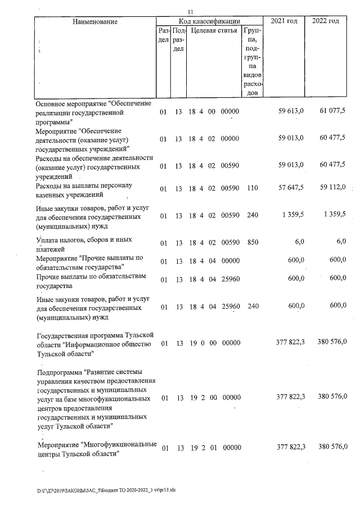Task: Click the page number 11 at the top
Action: pos(190,12)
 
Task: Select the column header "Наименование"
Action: pos(94,21)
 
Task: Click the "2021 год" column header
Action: pos(284,21)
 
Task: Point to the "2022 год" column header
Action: pos(326,21)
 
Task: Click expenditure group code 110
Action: pos(252,188)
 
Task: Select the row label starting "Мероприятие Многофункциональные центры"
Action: pos(96,449)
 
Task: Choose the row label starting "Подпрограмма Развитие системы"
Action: pos(92,398)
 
